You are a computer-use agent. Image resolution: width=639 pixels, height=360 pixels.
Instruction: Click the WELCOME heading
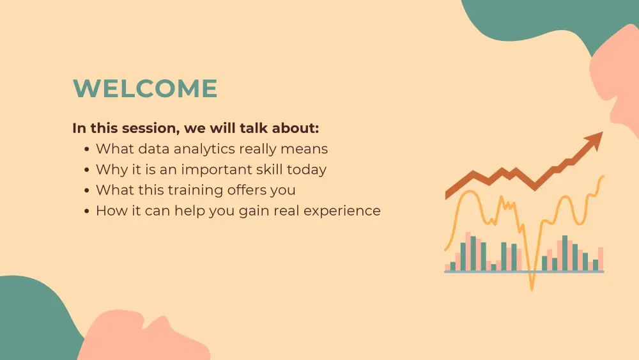click(145, 89)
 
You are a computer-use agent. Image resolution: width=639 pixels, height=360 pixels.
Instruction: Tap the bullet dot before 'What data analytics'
click(87, 150)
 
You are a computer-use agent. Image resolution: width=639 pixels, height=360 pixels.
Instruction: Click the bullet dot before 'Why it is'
click(87, 170)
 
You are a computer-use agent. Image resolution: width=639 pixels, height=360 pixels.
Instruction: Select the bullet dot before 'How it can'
click(87, 211)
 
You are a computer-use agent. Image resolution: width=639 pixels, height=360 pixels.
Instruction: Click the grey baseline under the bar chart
click(524, 272)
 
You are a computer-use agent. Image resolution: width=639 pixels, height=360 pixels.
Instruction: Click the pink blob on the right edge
click(623, 83)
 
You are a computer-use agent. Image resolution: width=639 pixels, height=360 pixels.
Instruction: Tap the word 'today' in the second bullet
click(306, 170)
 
